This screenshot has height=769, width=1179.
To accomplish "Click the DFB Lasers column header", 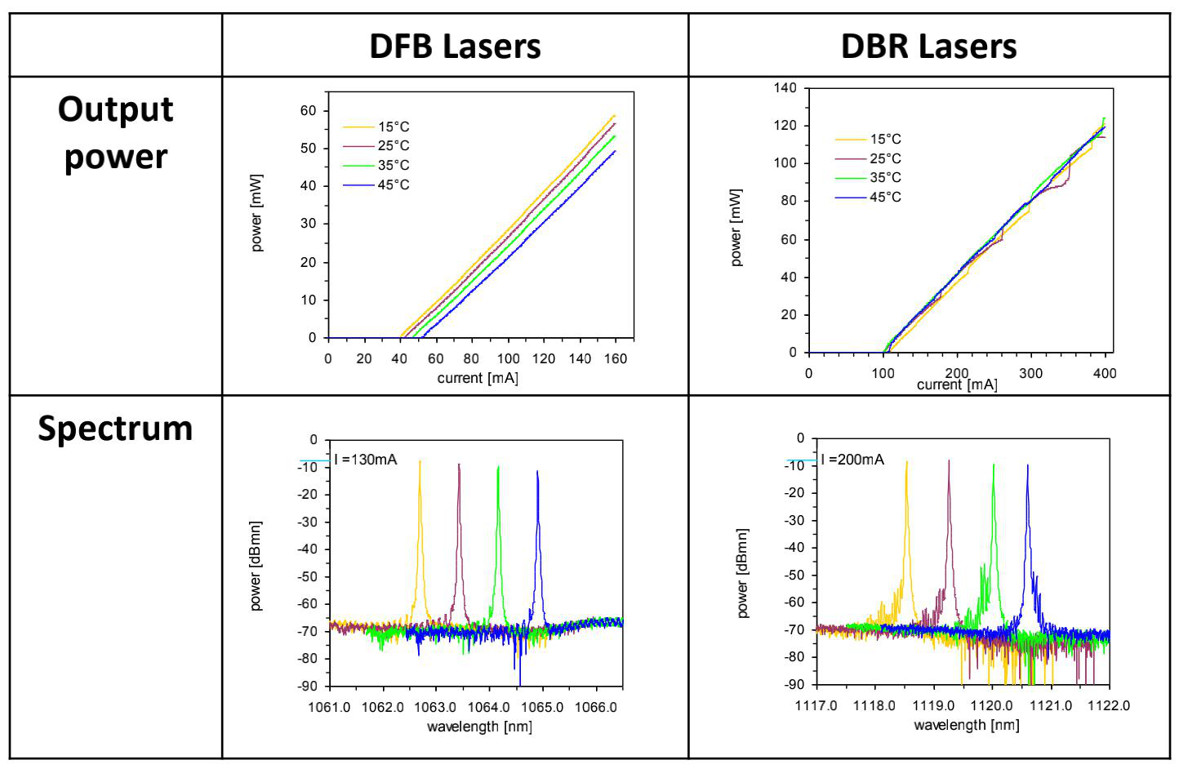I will (455, 46).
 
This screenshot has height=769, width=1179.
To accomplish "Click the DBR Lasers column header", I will (928, 46).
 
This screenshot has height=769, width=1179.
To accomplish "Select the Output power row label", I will (115, 132).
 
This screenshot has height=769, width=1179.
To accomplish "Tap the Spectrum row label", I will (115, 428).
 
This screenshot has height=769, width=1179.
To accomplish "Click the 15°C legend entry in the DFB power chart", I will (393, 127).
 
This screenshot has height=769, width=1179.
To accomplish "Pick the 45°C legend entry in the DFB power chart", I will (393, 184).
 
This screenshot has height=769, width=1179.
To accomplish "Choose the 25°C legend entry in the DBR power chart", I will (885, 158).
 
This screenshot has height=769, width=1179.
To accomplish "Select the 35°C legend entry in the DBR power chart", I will (885, 177).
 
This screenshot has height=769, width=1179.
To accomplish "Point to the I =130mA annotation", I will (366, 460).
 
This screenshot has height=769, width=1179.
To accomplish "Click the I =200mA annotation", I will (852, 460).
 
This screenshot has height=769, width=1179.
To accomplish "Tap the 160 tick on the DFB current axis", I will (616, 358).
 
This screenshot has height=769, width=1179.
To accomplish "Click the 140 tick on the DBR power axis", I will (785, 87).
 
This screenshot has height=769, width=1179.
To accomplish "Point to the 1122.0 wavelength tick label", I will (1109, 705).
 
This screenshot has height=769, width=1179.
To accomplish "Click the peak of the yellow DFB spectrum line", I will (420, 462).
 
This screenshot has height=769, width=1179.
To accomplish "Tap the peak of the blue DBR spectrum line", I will (1027, 465).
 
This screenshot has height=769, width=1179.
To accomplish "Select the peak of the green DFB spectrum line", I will (498, 467).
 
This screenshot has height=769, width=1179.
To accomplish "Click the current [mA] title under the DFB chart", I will (478, 378).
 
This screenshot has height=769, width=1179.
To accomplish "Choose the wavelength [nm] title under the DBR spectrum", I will (966, 725).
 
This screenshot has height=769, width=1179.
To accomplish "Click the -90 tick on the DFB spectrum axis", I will (307, 686).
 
